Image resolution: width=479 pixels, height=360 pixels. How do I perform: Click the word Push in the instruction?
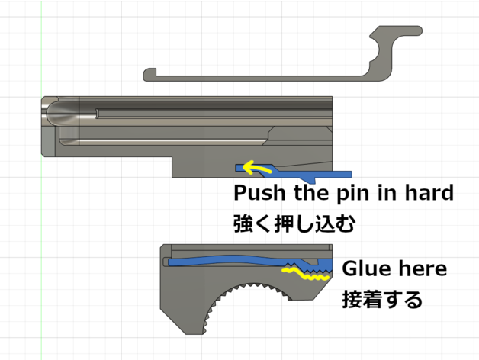(x=259, y=193)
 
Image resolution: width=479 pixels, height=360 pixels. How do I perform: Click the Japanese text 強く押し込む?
(x=294, y=223)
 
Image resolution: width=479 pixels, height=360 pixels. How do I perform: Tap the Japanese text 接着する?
(x=382, y=299)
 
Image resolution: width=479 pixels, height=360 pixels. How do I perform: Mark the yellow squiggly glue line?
(x=306, y=274)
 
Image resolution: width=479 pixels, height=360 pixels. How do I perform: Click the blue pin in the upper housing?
(x=293, y=172)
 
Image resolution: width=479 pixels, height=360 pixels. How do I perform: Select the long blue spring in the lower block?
(x=244, y=261)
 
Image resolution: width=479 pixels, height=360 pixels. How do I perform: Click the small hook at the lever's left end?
(x=149, y=73)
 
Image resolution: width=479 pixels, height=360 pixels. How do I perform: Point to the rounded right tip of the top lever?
(x=419, y=31)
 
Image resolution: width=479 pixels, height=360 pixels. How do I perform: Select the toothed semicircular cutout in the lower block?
(x=250, y=301)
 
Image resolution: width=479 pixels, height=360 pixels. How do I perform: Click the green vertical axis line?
(x=41, y=180)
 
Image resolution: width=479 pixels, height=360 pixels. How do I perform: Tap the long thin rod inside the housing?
(x=214, y=114)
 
